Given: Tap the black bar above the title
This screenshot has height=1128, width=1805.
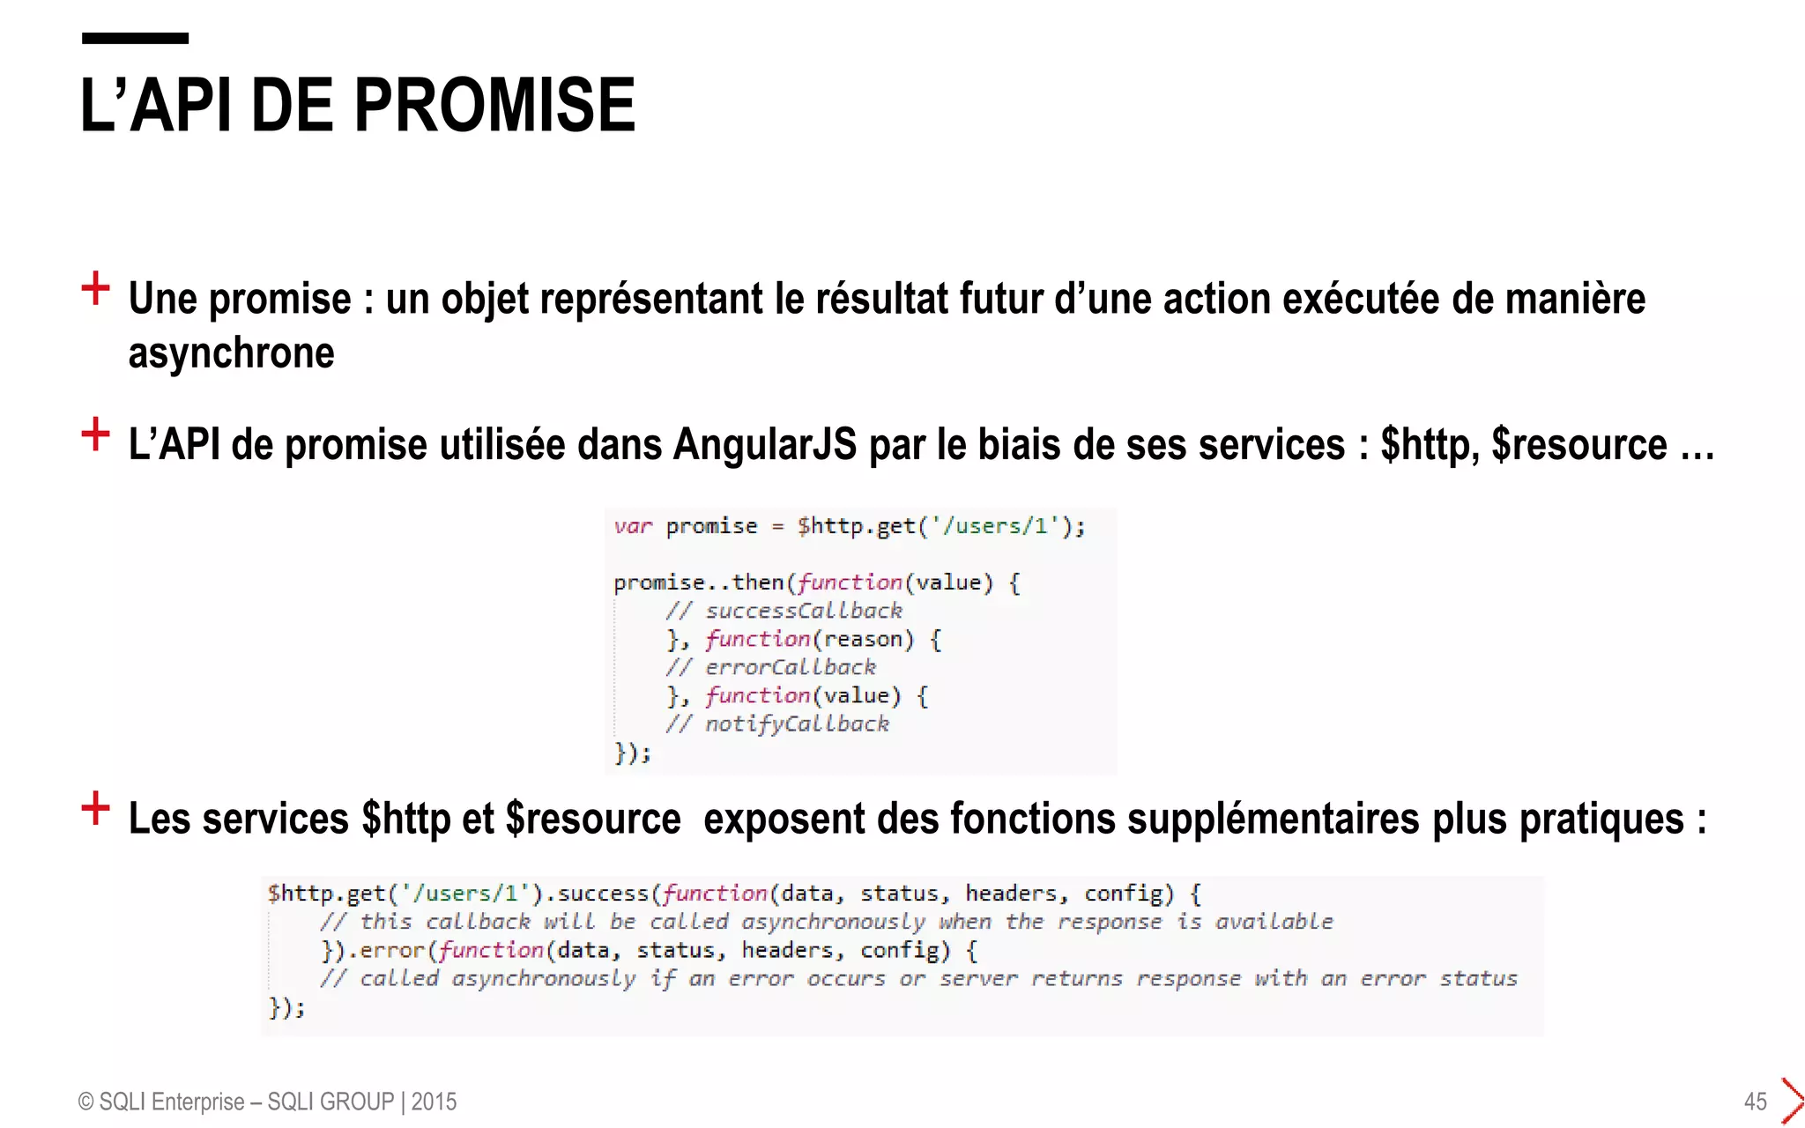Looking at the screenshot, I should (x=135, y=38).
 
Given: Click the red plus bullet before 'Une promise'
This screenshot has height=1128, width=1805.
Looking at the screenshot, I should (x=95, y=288).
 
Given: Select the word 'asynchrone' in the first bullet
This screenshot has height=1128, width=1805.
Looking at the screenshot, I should (x=231, y=353).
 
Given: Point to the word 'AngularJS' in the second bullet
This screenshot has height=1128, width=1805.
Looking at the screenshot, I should (x=764, y=444).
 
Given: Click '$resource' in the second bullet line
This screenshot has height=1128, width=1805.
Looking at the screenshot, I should (x=1578, y=444).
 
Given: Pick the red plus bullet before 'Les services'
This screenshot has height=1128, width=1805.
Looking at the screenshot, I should (x=95, y=807).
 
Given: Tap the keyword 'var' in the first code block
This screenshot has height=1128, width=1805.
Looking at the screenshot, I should (x=633, y=526).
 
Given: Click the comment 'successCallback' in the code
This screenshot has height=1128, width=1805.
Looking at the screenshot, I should (x=803, y=611).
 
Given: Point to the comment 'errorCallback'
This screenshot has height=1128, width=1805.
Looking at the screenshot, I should (x=790, y=667).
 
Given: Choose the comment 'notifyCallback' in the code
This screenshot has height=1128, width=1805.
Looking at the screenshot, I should (x=797, y=724).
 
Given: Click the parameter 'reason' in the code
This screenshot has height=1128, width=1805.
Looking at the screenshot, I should (x=864, y=639).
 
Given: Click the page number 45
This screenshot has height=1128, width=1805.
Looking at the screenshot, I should (x=1755, y=1102).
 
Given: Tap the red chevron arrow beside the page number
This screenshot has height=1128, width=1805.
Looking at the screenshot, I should (x=1792, y=1101).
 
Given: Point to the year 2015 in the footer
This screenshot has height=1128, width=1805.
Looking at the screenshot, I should (x=434, y=1102).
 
